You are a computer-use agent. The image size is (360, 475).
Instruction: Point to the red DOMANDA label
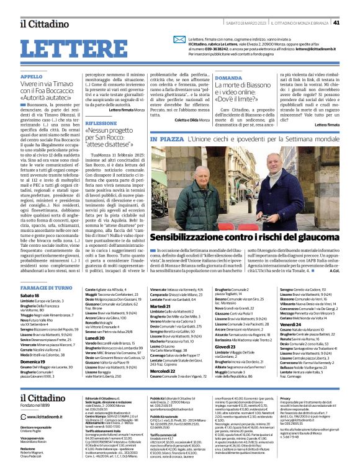pyautogui.click(x=228, y=78)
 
